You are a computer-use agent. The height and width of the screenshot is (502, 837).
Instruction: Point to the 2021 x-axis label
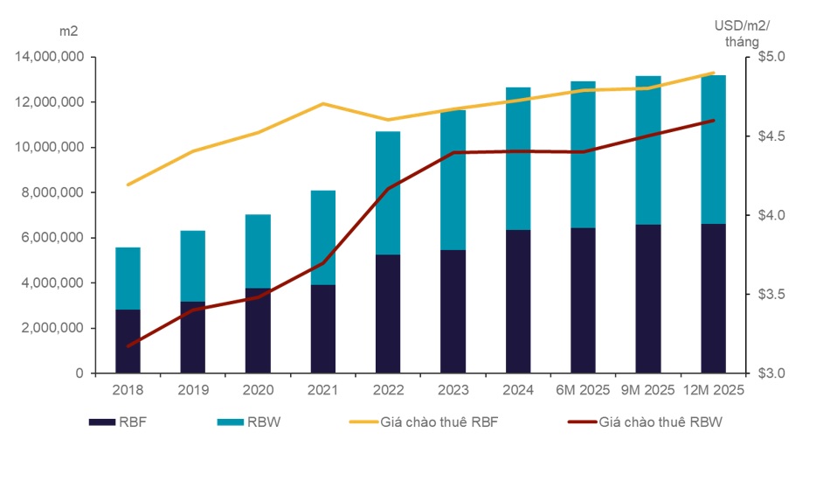[x=322, y=390]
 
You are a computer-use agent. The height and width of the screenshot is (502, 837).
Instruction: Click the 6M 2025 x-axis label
[x=582, y=390]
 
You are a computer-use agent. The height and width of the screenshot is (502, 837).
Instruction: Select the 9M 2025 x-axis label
[x=648, y=390]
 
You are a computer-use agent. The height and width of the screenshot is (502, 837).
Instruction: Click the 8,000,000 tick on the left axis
[x=52, y=192]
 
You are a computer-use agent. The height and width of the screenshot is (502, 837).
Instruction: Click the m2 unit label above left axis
[x=68, y=31]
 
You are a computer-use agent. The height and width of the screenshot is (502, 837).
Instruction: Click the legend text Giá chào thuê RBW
[x=661, y=422]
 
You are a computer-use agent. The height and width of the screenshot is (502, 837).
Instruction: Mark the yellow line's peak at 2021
[x=323, y=103]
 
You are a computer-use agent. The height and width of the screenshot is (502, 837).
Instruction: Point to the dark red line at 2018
[x=128, y=346]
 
